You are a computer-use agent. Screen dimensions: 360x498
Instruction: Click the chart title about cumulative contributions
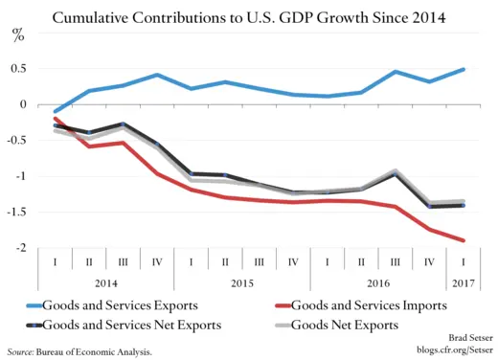point(249,17)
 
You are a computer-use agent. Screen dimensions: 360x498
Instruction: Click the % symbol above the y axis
point(17,36)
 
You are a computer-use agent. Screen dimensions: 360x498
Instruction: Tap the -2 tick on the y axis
point(20,248)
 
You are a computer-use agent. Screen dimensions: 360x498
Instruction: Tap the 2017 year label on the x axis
point(464,284)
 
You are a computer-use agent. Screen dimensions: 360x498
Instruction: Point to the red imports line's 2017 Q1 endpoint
point(464,240)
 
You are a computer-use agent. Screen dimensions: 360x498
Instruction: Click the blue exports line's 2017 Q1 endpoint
point(464,69)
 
